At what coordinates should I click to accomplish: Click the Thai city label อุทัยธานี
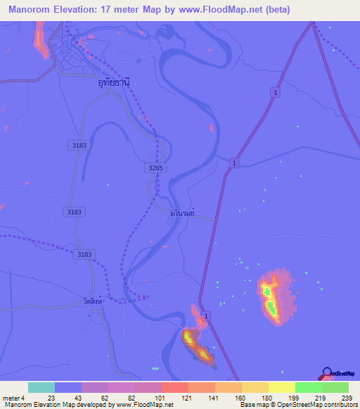pyautogui.click(x=115, y=82)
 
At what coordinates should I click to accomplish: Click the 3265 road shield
pyautogui.click(x=156, y=168)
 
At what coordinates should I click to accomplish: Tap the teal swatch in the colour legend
pyautogui.click(x=41, y=387)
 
